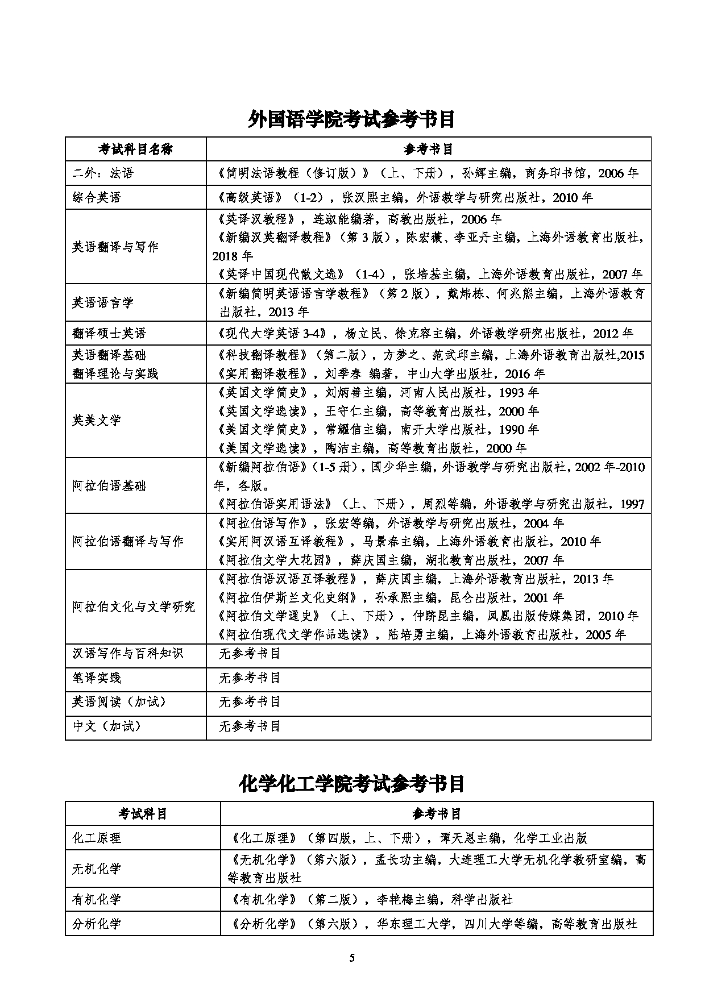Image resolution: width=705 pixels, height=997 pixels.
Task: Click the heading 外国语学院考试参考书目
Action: pyautogui.click(x=352, y=119)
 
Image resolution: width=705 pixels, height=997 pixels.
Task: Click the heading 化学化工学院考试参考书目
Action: pyautogui.click(x=352, y=783)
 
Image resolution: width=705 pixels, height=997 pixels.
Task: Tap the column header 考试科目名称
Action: pyautogui.click(x=135, y=149)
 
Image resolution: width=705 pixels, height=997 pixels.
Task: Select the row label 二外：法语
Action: pyautogui.click(x=103, y=173)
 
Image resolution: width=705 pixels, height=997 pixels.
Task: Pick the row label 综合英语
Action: pyautogui.click(x=97, y=197)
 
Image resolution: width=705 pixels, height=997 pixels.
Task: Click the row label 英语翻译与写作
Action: pyautogui.click(x=115, y=247)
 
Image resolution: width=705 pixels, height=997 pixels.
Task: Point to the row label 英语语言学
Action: pyautogui.click(x=102, y=302)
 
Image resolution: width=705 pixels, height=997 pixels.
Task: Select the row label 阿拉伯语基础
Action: pyautogui.click(x=109, y=485)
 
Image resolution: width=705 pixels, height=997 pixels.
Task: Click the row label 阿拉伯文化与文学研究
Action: pyautogui.click(x=134, y=606)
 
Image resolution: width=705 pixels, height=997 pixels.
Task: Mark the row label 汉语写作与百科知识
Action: pyautogui.click(x=127, y=653)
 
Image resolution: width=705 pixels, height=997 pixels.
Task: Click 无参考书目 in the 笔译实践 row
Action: pyautogui.click(x=250, y=678)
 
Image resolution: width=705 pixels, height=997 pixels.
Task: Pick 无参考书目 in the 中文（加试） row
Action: pyautogui.click(x=250, y=726)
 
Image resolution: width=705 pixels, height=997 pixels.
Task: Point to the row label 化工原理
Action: pyautogui.click(x=97, y=838)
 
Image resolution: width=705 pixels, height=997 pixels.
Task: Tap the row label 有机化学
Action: pyautogui.click(x=97, y=899)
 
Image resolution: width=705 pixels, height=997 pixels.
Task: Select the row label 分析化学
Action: pyautogui.click(x=97, y=924)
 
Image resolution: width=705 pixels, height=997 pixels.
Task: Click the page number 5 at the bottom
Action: pyautogui.click(x=352, y=958)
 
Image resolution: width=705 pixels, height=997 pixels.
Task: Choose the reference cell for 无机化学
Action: pyautogui.click(x=436, y=869)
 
